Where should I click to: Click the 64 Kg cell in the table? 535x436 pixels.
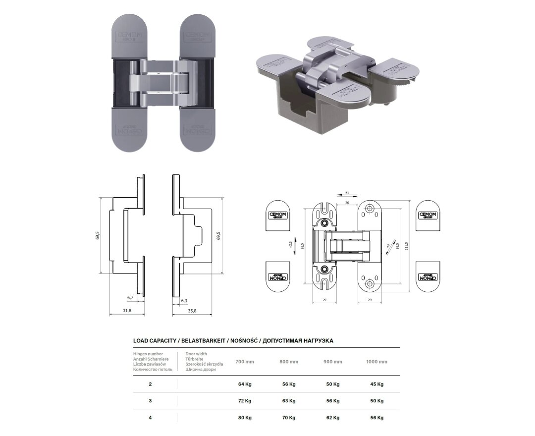click(245, 384)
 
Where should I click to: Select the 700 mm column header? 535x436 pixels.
click(245, 362)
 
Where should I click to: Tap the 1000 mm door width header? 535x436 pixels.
click(376, 362)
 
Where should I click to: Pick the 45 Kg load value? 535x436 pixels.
click(376, 384)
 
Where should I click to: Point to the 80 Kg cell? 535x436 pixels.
click(245, 418)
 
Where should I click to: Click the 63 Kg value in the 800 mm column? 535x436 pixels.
click(288, 401)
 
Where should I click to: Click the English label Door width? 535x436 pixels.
click(196, 354)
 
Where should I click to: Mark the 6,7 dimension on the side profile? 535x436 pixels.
click(130, 298)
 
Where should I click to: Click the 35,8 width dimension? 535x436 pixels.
click(192, 311)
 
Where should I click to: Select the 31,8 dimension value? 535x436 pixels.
click(127, 311)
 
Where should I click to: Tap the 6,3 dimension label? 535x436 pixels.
click(184, 301)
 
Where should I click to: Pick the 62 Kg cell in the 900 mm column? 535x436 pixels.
click(333, 418)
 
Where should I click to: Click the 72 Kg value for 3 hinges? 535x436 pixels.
click(245, 401)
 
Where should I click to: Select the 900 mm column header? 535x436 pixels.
click(333, 362)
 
